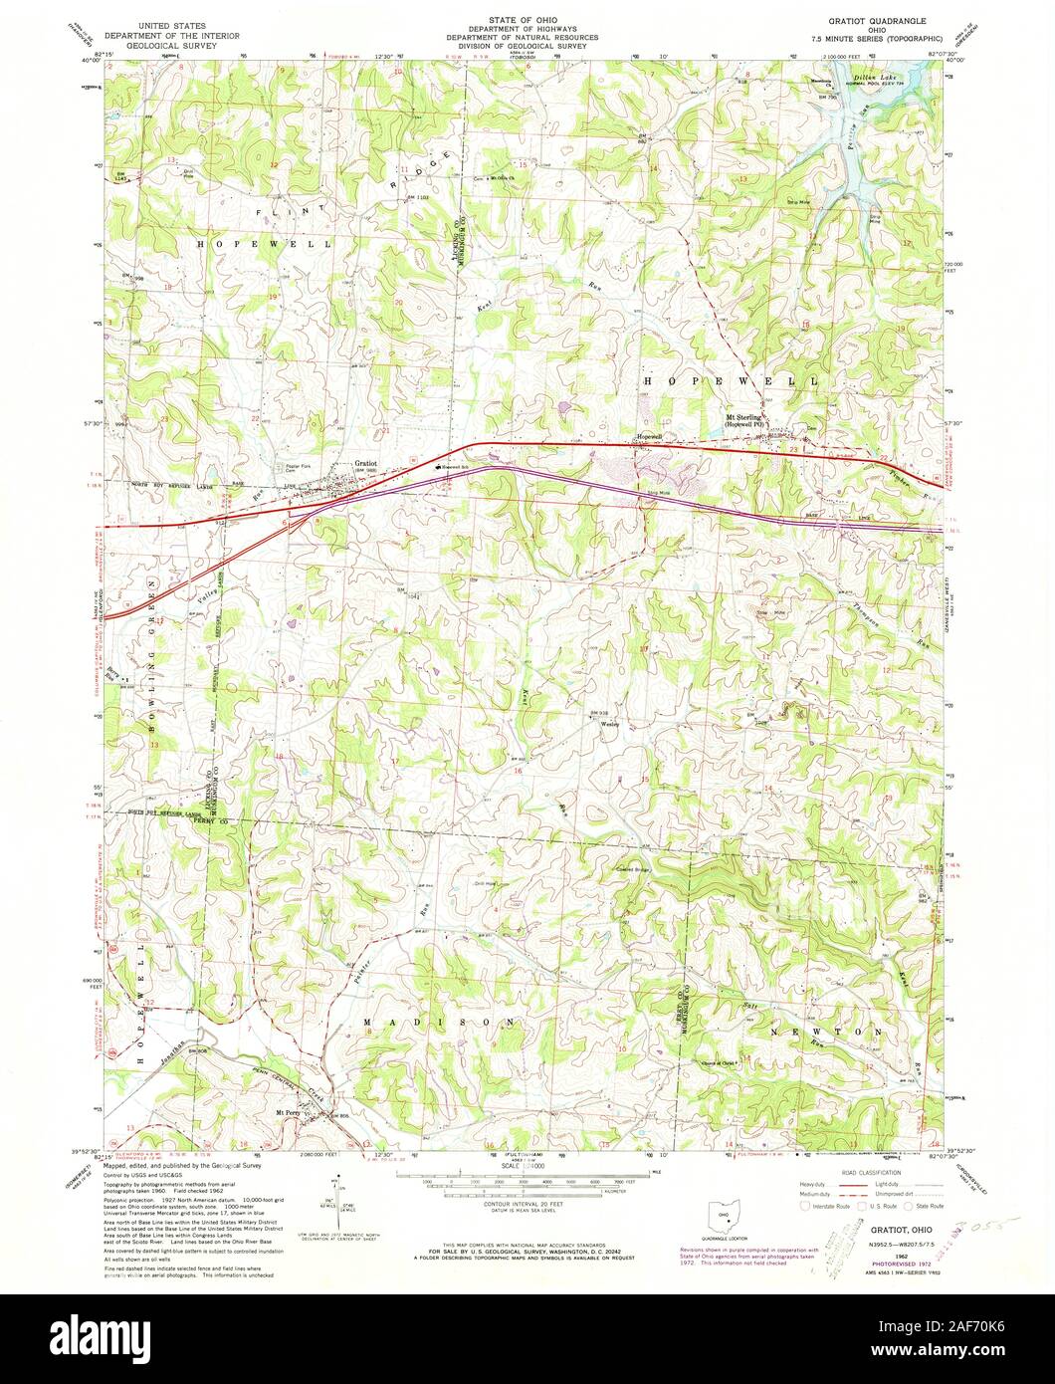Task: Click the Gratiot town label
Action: [367, 463]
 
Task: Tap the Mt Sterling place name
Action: [743, 417]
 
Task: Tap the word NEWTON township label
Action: [827, 1034]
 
